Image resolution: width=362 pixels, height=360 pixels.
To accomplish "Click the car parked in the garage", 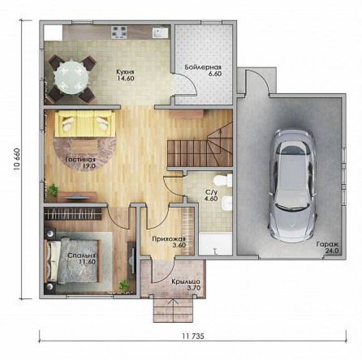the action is (292, 186).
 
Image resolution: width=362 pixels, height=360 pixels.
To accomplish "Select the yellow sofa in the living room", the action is (85, 124).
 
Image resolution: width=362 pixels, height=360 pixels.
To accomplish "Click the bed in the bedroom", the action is (74, 261).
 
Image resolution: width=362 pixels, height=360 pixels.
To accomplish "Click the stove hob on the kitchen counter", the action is (119, 32).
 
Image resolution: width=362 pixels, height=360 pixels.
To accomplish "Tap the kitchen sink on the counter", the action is (160, 32).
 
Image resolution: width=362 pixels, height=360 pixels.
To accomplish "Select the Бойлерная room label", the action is (203, 67).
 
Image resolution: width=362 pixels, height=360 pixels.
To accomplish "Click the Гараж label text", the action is (327, 244).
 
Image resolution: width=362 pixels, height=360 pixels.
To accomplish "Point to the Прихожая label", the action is (169, 239).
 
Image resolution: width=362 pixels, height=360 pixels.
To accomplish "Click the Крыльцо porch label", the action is (185, 282).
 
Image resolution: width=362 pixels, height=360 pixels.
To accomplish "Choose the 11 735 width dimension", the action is (193, 336).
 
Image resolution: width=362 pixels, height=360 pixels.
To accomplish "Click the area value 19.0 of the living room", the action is (89, 166).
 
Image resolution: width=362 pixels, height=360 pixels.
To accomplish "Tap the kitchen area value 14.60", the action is (126, 78).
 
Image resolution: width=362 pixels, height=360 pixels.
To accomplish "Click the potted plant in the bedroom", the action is (124, 285).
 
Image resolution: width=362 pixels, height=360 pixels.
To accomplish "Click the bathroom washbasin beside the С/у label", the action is (226, 204).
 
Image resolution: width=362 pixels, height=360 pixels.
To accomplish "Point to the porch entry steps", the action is (173, 309).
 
